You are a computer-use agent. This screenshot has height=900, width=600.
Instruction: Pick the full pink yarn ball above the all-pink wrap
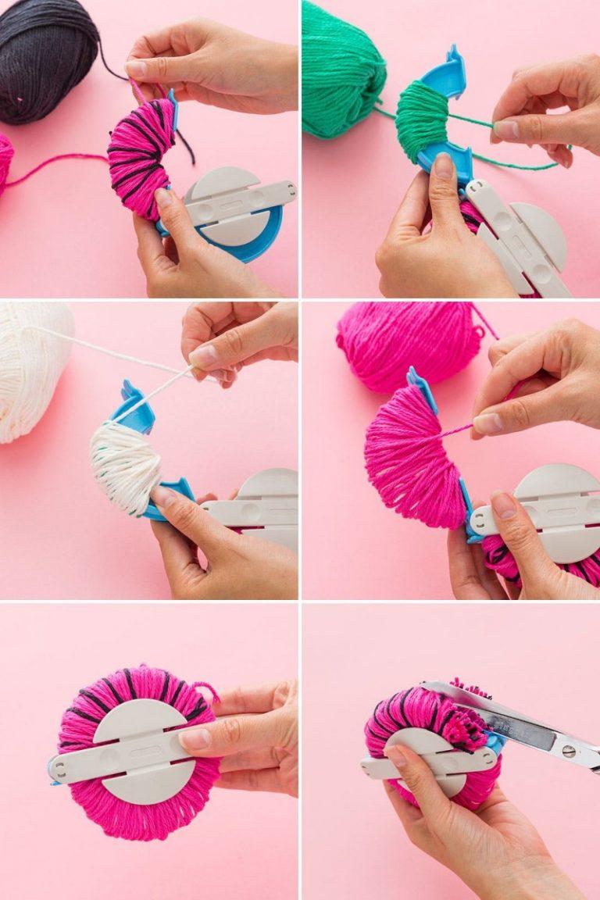(406, 344)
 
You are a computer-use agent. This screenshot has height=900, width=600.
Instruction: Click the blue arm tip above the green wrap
(453, 59)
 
